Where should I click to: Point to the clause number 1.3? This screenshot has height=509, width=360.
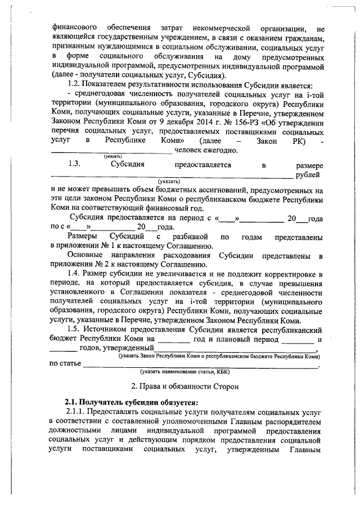coord(76,165)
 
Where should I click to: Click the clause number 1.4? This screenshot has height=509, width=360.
coord(75,273)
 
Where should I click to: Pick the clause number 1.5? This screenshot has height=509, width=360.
coord(75,330)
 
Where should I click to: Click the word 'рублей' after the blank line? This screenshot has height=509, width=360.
coord(310,175)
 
